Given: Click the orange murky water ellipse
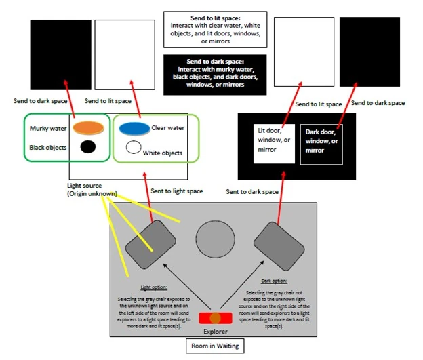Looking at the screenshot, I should pos(87,127).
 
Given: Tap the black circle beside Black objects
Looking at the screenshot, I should pos(87,146).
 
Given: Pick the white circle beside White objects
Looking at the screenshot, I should pos(134,147).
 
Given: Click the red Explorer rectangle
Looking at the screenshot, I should pos(216,317).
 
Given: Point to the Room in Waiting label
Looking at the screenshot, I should pos(215,346).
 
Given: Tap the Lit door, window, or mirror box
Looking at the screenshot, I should pos(274,144).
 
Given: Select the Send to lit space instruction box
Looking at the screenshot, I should pos(214,28).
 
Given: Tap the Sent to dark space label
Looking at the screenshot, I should pos(251,192).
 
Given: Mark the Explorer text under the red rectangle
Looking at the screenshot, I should pos(216,332).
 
